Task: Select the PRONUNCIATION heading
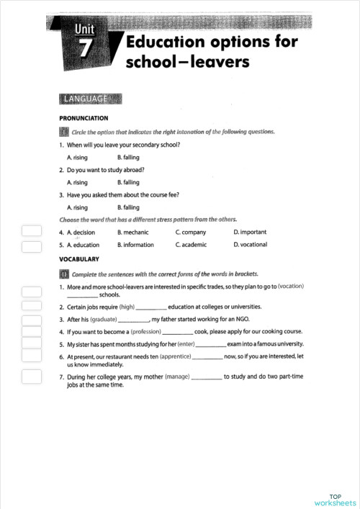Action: [84, 118]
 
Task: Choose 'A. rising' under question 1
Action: [78, 157]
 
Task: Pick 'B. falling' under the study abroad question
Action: [128, 182]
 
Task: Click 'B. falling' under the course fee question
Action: [128, 207]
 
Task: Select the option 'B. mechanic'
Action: [135, 233]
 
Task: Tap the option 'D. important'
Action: [250, 233]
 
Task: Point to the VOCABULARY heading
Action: [79, 258]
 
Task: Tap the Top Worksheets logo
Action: [336, 500]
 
